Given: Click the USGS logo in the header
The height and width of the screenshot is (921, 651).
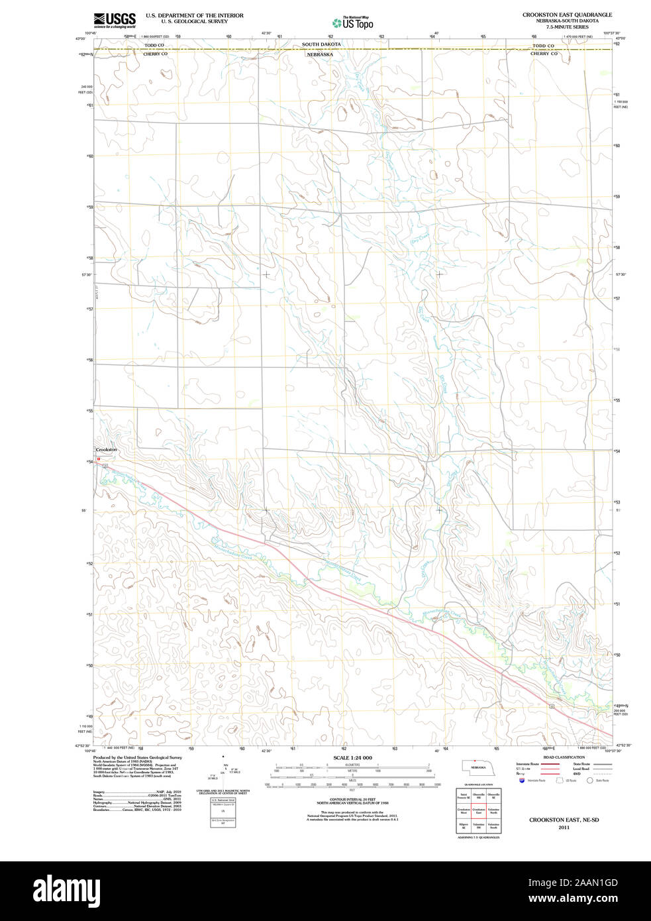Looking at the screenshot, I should tap(115, 20).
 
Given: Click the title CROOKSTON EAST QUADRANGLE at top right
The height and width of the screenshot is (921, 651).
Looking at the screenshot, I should tap(566, 15).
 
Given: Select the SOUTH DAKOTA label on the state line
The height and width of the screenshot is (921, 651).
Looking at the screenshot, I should tap(321, 44).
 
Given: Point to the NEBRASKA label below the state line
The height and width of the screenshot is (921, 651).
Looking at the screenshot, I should tap(319, 54).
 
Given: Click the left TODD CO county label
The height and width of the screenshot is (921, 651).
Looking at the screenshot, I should tap(154, 46).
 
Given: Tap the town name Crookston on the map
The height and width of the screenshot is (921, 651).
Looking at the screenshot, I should tap(106, 450).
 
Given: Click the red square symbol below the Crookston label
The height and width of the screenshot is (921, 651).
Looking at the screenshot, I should tap(98, 458).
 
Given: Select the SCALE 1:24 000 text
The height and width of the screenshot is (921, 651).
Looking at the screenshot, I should tap(352, 757).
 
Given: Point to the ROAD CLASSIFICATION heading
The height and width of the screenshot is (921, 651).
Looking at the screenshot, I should tap(564, 757).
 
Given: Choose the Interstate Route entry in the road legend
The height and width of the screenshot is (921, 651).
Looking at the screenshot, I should tap(528, 764).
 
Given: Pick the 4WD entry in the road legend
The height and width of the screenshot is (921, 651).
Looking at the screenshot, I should tap(577, 773).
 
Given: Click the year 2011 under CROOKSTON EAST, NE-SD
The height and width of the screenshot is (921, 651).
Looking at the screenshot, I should tap(564, 827).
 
